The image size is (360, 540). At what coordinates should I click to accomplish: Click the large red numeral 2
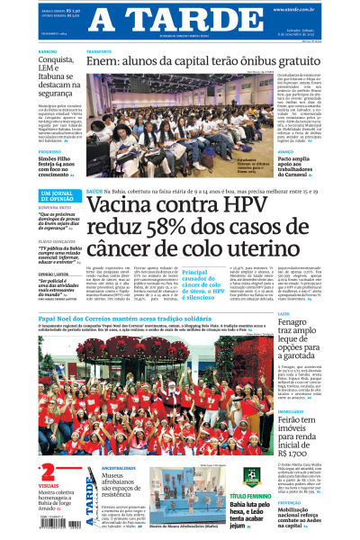tap(47, 473)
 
